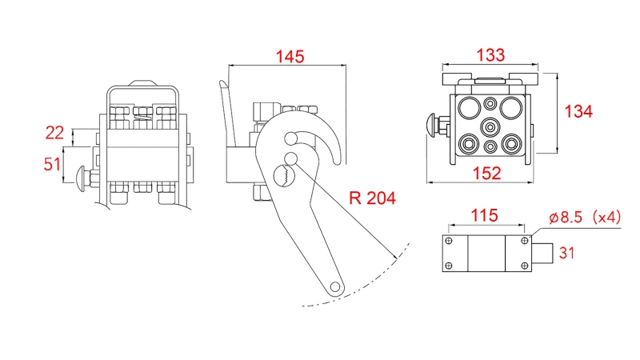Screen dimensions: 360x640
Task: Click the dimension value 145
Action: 290,57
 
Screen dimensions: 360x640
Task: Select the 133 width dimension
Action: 490,55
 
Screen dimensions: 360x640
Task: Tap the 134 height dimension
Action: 578,111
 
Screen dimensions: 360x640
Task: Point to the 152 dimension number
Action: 487,172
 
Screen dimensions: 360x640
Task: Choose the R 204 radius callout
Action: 373,198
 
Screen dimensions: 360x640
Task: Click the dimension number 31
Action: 566,254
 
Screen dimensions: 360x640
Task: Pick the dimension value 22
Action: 54,133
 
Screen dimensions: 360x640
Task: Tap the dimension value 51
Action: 53,164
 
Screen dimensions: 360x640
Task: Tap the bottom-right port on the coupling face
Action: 511,144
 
